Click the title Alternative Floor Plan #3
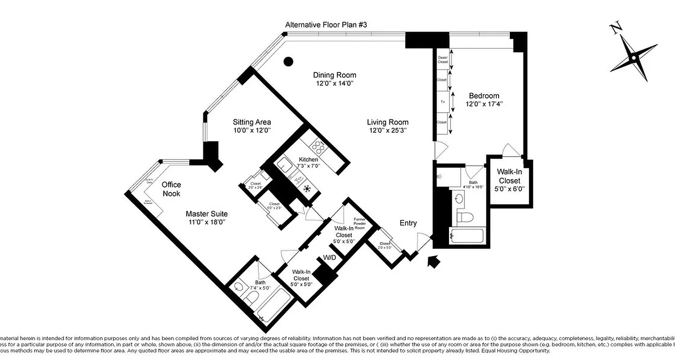click(326, 25)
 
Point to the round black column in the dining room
click(288, 61)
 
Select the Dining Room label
click(334, 75)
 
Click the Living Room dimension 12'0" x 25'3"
click(387, 130)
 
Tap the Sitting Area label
click(252, 122)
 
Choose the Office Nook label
click(171, 189)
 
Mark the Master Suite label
click(207, 214)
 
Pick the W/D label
click(329, 258)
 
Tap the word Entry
click(408, 223)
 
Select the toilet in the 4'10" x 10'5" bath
click(464, 218)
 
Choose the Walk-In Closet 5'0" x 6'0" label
click(509, 180)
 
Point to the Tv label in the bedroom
click(442, 102)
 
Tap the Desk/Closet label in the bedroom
click(442, 59)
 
